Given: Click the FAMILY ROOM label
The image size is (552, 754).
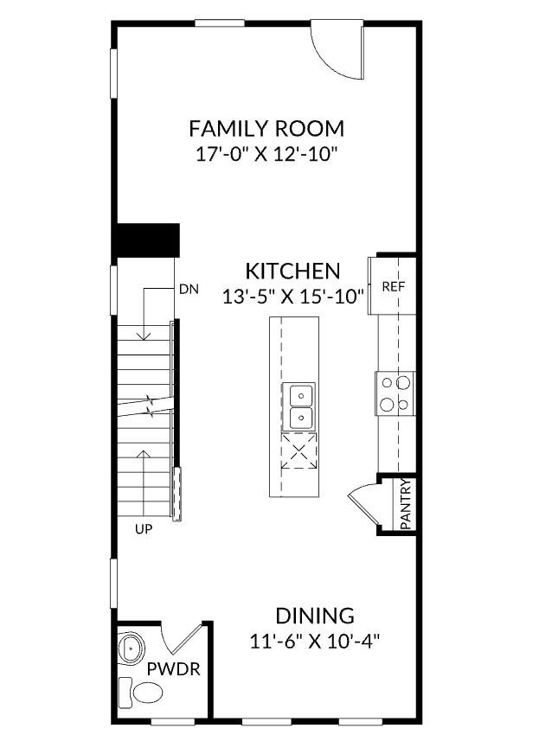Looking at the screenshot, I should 266,129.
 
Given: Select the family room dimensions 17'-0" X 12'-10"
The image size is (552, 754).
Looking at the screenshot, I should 266,155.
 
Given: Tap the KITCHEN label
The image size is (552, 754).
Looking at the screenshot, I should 292,270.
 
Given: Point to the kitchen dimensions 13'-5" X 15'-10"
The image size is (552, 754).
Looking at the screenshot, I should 292,296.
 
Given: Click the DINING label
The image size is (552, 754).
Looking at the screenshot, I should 315,616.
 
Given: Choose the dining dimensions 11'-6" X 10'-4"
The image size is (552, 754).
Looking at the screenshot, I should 315,642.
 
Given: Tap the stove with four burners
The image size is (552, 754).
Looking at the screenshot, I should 395,393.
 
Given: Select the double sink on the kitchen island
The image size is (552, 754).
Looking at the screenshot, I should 299,406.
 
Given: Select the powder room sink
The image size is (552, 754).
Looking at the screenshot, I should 131,647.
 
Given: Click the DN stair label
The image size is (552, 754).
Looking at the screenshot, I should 189,290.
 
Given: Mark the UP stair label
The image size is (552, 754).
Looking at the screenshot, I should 144,529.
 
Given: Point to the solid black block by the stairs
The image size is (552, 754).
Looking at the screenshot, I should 147,240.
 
